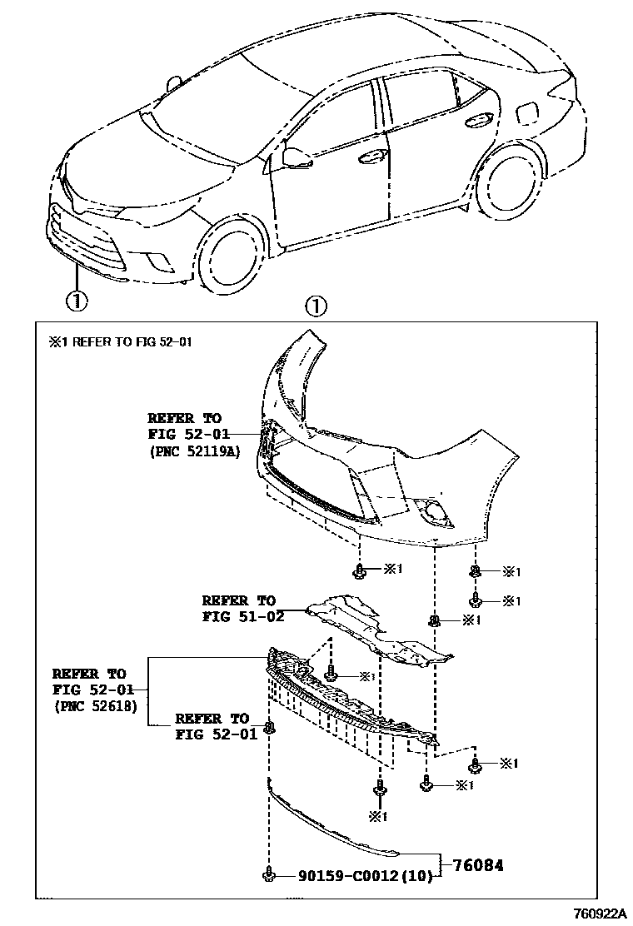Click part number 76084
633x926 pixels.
click(x=478, y=865)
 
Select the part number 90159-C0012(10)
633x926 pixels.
click(x=363, y=876)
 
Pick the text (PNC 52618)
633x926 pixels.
click(x=96, y=706)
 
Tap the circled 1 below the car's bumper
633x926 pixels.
click(x=76, y=300)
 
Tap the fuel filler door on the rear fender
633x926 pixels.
click(x=528, y=112)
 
